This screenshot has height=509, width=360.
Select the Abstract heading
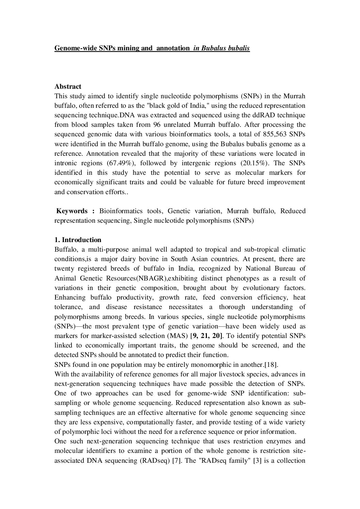[68, 86]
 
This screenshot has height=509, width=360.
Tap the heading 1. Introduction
[78, 240]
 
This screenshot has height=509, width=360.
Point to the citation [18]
[272, 365]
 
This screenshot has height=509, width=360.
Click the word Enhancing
[70, 298]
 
